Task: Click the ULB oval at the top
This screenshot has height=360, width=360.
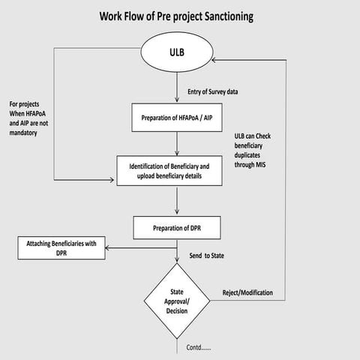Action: [x=178, y=55]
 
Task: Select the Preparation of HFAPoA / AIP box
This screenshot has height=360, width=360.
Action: [x=177, y=118]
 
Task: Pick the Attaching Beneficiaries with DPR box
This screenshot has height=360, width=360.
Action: [x=62, y=248]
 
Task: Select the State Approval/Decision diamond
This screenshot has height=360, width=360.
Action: [x=178, y=300]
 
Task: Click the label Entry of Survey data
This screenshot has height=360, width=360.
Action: [x=214, y=91]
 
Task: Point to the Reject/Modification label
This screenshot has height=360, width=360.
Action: [x=248, y=292]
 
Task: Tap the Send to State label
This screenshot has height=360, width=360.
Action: [x=207, y=256]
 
